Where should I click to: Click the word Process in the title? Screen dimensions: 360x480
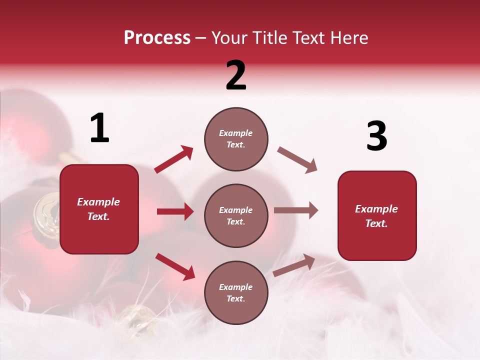tap(157, 38)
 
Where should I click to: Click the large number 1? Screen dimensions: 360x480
tap(99, 128)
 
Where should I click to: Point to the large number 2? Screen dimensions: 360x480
tap(236, 75)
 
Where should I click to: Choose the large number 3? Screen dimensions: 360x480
tap(376, 136)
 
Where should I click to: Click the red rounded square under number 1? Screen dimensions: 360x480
tap(99, 209)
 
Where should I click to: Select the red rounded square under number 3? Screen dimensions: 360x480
tap(377, 215)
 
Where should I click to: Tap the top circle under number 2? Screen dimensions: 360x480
tap(236, 139)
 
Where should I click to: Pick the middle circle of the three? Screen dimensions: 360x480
tap(236, 215)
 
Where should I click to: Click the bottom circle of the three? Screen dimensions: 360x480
tap(236, 292)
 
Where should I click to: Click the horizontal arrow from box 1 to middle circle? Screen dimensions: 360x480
tap(175, 211)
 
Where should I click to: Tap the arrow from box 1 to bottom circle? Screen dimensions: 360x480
tap(175, 266)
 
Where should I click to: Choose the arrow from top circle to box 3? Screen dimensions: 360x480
tap(297, 160)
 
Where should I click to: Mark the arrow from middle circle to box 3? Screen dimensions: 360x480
tap(296, 210)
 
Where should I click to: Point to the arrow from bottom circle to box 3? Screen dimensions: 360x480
tap(294, 265)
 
